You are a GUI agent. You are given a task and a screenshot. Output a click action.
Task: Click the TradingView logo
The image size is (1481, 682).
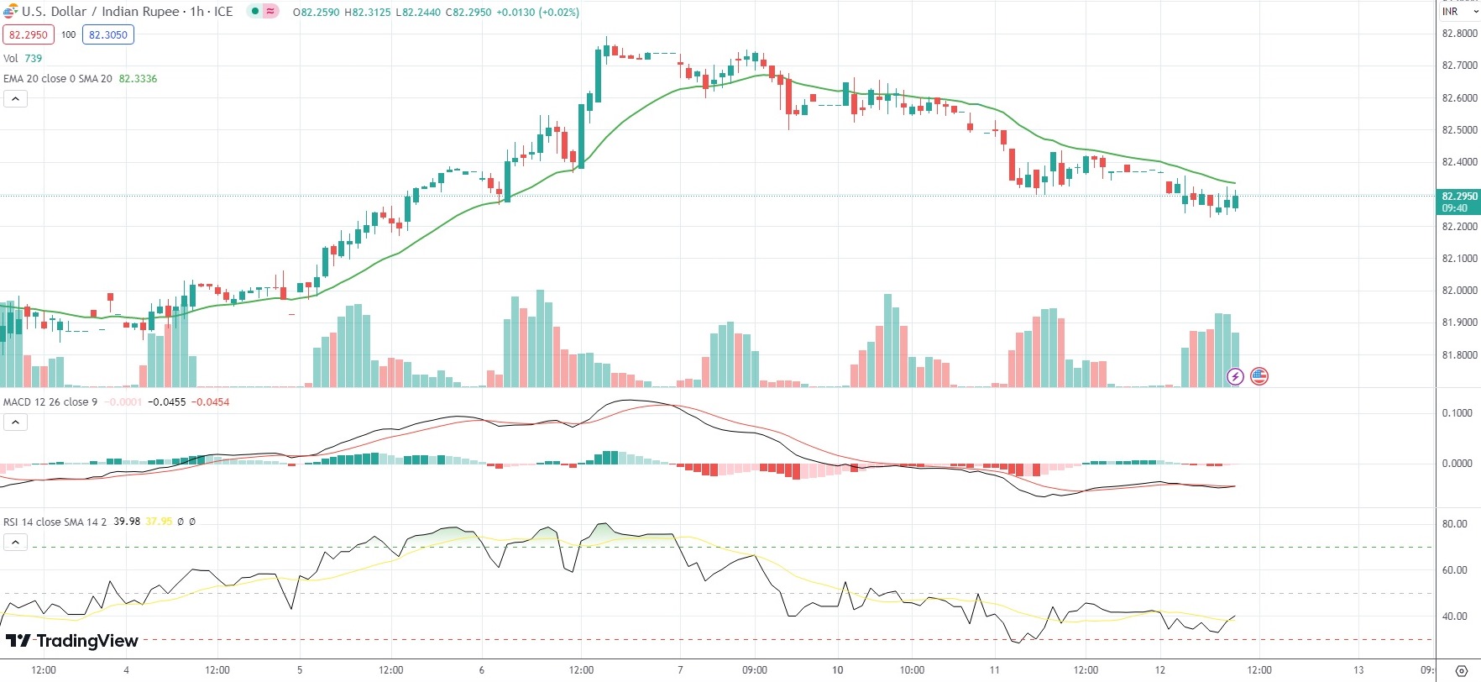tap(72, 641)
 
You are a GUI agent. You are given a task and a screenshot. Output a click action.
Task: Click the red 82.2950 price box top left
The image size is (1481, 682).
tap(29, 34)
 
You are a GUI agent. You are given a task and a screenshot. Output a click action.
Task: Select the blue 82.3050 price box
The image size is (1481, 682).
tap(108, 34)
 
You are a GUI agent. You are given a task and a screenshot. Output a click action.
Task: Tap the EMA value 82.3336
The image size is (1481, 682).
tap(138, 78)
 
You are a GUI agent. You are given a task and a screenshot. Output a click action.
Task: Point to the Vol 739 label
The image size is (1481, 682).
tap(23, 58)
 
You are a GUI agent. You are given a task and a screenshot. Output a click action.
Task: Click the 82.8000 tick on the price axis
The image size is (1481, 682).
tap(1459, 34)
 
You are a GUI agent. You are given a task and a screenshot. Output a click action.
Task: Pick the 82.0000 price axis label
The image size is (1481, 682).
tap(1459, 291)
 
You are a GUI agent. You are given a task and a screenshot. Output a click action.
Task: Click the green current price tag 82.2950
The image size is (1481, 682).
tap(1459, 202)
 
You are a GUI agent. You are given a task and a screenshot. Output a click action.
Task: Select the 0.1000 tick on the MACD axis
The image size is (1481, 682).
tap(1457, 412)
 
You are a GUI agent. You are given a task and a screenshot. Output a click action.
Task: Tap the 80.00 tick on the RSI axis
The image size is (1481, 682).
tap(1455, 523)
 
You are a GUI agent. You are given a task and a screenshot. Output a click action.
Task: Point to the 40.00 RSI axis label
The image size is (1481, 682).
tap(1455, 616)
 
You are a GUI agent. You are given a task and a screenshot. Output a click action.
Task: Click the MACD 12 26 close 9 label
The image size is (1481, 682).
tap(50, 401)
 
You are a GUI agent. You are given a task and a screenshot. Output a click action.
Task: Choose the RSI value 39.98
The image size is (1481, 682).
tap(127, 522)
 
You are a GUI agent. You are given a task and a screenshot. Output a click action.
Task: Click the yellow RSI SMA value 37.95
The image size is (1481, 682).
tap(159, 522)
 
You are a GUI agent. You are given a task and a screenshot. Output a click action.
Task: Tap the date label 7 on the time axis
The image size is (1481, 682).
tap(680, 670)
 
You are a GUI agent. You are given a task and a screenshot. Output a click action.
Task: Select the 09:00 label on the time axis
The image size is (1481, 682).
tap(755, 670)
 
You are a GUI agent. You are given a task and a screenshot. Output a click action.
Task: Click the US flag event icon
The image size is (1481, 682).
tap(1259, 376)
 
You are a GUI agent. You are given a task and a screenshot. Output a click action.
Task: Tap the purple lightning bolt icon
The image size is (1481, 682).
tap(1235, 376)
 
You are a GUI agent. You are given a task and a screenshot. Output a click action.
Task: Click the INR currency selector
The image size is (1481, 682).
tap(1458, 12)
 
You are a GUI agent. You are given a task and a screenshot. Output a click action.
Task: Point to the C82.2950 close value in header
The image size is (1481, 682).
tap(468, 12)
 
